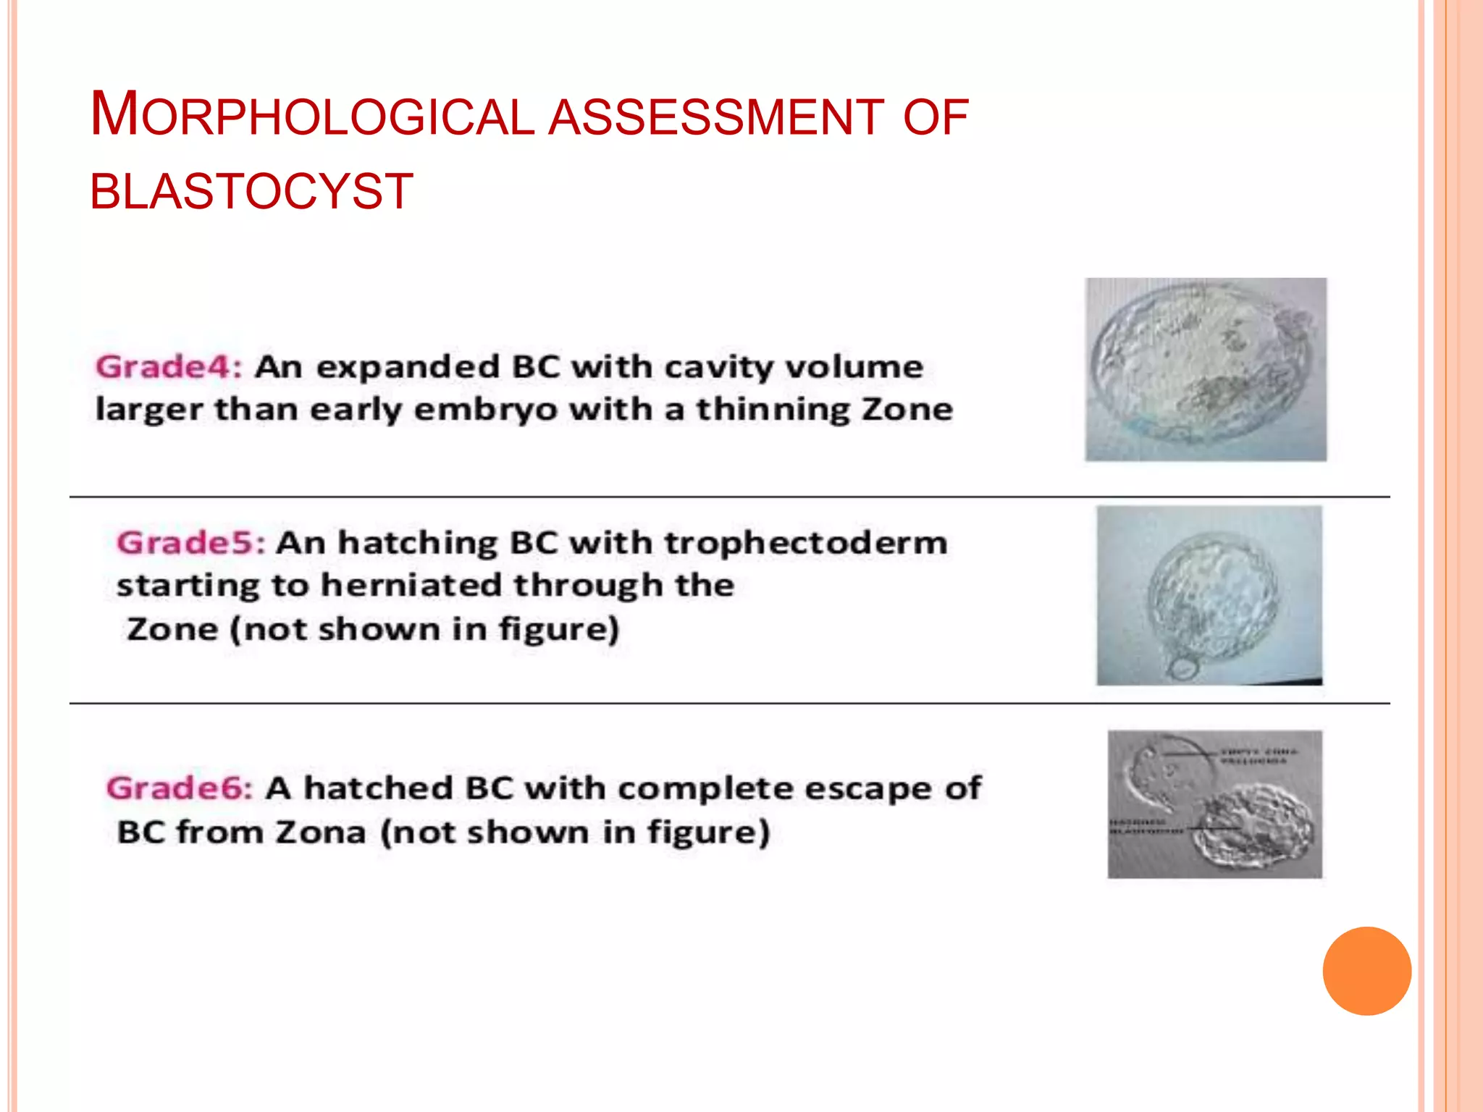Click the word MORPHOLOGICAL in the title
tap(311, 116)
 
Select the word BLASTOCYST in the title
tap(251, 192)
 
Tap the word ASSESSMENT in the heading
tap(715, 117)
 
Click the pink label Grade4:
tap(169, 367)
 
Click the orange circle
tap(1366, 971)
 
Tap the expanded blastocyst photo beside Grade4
tap(1205, 369)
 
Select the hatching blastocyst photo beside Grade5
tap(1209, 595)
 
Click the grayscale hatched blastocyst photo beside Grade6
tap(1214, 804)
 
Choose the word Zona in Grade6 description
tap(320, 833)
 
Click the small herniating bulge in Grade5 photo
tap(1183, 667)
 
